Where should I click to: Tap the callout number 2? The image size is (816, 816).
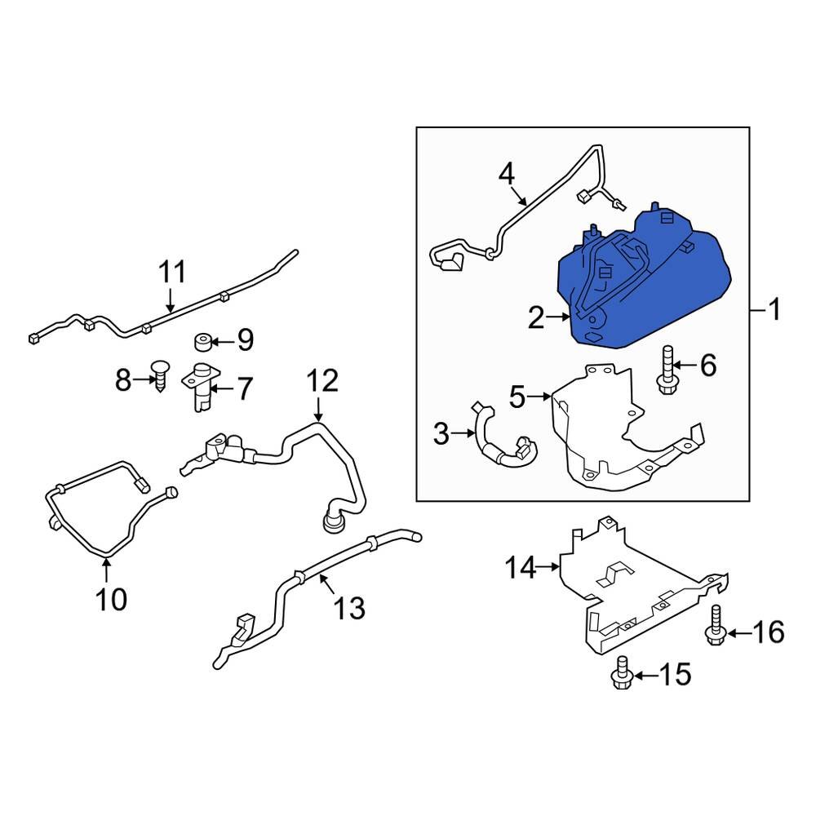[x=535, y=317]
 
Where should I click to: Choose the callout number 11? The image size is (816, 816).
[x=171, y=271]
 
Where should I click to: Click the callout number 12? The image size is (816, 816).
[x=322, y=380]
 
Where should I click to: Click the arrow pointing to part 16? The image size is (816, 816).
[x=736, y=632]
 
